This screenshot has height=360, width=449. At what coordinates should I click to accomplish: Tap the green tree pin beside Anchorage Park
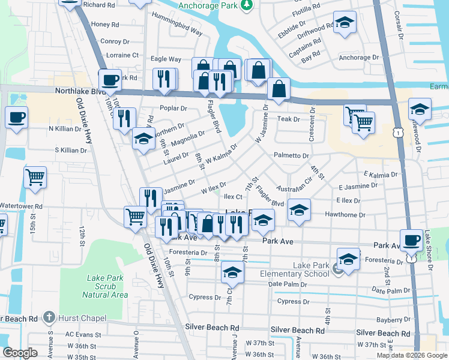pyautogui.click(x=245, y=5)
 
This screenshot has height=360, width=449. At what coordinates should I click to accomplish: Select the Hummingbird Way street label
pyautogui.click(x=176, y=22)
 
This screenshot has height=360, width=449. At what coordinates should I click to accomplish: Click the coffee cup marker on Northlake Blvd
pyautogui.click(x=110, y=80)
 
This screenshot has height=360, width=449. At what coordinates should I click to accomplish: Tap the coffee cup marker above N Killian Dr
pyautogui.click(x=16, y=116)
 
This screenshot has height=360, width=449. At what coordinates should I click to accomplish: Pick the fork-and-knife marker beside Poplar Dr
pyautogui.click(x=124, y=118)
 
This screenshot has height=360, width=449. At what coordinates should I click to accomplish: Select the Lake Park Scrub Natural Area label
pyautogui.click(x=104, y=286)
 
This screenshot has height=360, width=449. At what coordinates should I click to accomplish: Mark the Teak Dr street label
pyautogui.click(x=288, y=119)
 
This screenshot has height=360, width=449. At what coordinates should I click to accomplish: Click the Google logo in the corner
pyautogui.click(x=20, y=353)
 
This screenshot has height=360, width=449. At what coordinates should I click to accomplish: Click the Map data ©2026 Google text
pyautogui.click(x=412, y=355)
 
